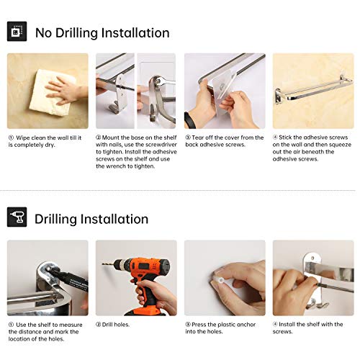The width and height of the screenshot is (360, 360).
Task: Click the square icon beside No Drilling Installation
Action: click(17, 32)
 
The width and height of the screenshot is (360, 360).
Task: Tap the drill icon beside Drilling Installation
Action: click(17, 217)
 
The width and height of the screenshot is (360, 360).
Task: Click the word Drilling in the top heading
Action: click(76, 33)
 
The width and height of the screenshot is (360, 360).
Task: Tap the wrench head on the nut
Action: click(159, 81)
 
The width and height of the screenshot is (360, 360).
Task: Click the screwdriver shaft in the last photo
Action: click(336, 287)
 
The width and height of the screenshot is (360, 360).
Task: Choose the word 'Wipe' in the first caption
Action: click(23, 138)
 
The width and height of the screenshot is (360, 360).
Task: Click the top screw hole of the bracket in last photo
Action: click(312, 258)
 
